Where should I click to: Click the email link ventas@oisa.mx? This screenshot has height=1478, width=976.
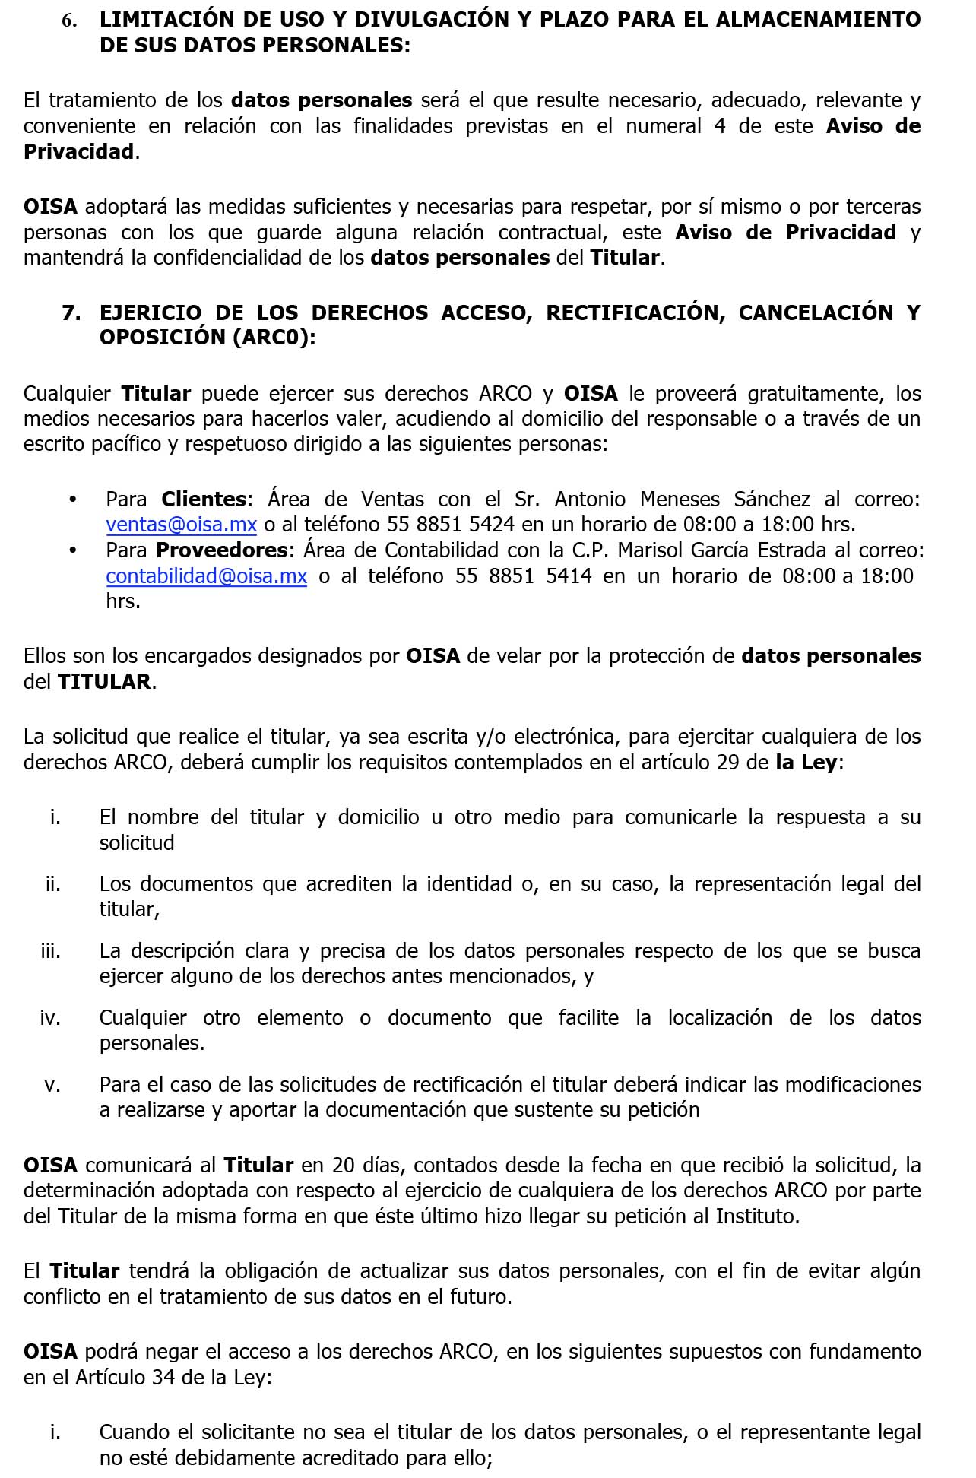tap(181, 525)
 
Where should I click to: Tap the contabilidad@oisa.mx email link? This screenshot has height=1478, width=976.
tap(206, 576)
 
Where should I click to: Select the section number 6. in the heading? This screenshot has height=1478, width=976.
tap(69, 21)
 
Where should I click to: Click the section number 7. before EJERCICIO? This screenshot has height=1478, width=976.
tap(71, 313)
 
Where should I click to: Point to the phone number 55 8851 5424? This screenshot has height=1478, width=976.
tap(451, 525)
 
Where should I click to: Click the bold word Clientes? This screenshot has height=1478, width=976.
tap(204, 500)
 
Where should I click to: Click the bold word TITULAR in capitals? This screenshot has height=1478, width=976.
tap(104, 682)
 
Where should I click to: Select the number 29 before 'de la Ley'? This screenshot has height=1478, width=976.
tap(728, 763)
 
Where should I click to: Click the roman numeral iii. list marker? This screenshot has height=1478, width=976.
tap(51, 951)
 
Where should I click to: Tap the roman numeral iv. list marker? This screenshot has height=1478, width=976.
tap(50, 1018)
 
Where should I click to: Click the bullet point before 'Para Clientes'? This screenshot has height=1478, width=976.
tap(73, 500)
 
